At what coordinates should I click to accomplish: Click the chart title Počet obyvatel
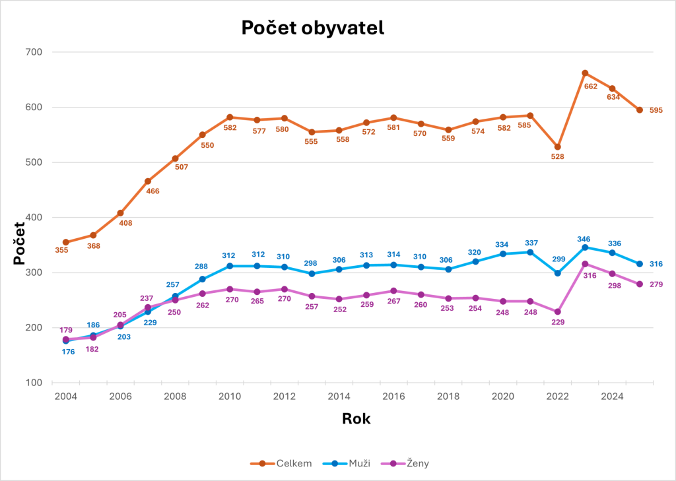pyautogui.click(x=312, y=28)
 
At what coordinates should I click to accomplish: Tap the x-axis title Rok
pyautogui.click(x=356, y=418)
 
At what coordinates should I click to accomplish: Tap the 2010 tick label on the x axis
pyautogui.click(x=230, y=396)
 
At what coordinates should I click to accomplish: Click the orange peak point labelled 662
pyautogui.click(x=585, y=73)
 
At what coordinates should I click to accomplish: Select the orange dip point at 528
pyautogui.click(x=558, y=146)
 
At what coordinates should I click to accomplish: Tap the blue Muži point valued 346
pyautogui.click(x=585, y=247)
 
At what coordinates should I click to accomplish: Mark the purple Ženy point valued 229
pyautogui.click(x=558, y=311)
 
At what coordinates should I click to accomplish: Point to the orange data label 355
pyautogui.click(x=61, y=250)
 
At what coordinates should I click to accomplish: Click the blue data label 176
pyautogui.click(x=68, y=352)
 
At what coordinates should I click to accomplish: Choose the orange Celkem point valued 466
pyautogui.click(x=148, y=181)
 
